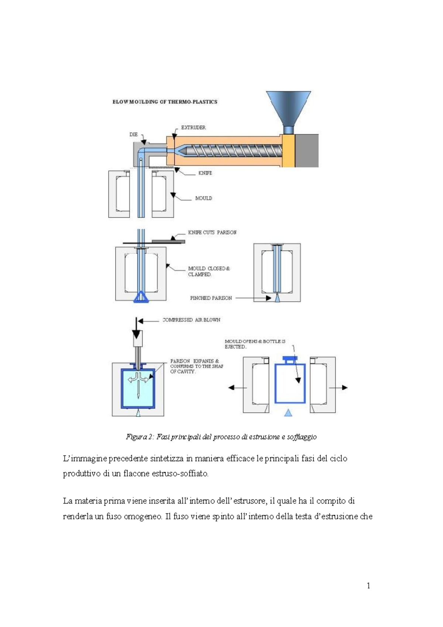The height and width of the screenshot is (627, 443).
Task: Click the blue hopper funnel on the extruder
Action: tap(289, 107)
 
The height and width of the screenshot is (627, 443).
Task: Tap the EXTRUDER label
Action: tap(193, 127)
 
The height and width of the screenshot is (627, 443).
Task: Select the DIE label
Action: tap(133, 134)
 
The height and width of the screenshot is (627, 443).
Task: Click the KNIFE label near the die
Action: tap(205, 173)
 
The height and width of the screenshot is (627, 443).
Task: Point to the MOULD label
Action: tap(203, 198)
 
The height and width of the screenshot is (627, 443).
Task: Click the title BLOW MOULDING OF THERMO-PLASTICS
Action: tap(165, 102)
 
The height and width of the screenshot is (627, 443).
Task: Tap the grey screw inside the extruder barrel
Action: tap(233, 151)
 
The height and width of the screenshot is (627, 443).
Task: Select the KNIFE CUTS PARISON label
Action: tap(212, 232)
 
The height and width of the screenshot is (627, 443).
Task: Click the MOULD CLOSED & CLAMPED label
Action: tap(209, 271)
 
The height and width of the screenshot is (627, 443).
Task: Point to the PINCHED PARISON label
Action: tap(211, 298)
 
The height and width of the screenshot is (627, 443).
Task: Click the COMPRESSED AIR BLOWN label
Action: tap(191, 320)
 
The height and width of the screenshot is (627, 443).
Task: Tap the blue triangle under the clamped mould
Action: tap(141, 298)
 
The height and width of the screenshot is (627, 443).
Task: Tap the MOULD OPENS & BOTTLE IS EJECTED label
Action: tap(255, 344)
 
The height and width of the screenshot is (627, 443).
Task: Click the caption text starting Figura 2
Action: tap(221, 437)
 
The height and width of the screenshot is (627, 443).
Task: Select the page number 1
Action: tap(368, 585)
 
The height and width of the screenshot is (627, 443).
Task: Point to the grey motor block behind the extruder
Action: tap(306, 151)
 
